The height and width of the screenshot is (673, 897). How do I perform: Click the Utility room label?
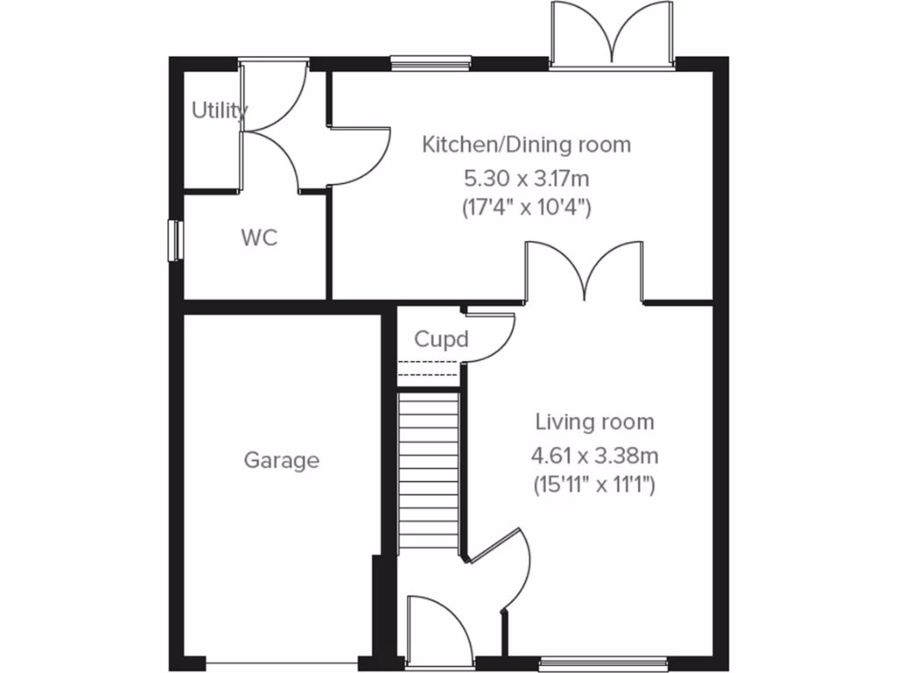click(220, 110)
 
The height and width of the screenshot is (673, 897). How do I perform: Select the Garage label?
click(281, 460)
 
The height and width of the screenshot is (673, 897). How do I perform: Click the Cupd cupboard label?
click(441, 339)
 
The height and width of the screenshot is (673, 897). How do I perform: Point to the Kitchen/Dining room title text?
click(526, 145)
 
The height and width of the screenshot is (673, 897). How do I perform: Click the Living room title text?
click(595, 422)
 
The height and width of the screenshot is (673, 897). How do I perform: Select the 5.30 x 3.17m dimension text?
click(526, 179)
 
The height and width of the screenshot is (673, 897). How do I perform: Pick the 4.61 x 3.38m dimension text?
click(595, 456)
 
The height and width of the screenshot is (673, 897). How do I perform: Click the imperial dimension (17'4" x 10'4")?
click(526, 209)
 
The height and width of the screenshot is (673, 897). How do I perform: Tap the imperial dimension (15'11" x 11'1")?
click(595, 483)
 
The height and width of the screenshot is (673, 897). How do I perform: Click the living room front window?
click(603, 663)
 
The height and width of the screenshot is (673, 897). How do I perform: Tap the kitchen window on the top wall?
click(431, 62)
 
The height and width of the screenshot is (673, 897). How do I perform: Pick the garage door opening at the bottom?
click(282, 663)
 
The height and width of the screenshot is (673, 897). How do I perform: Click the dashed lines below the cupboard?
click(428, 368)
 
